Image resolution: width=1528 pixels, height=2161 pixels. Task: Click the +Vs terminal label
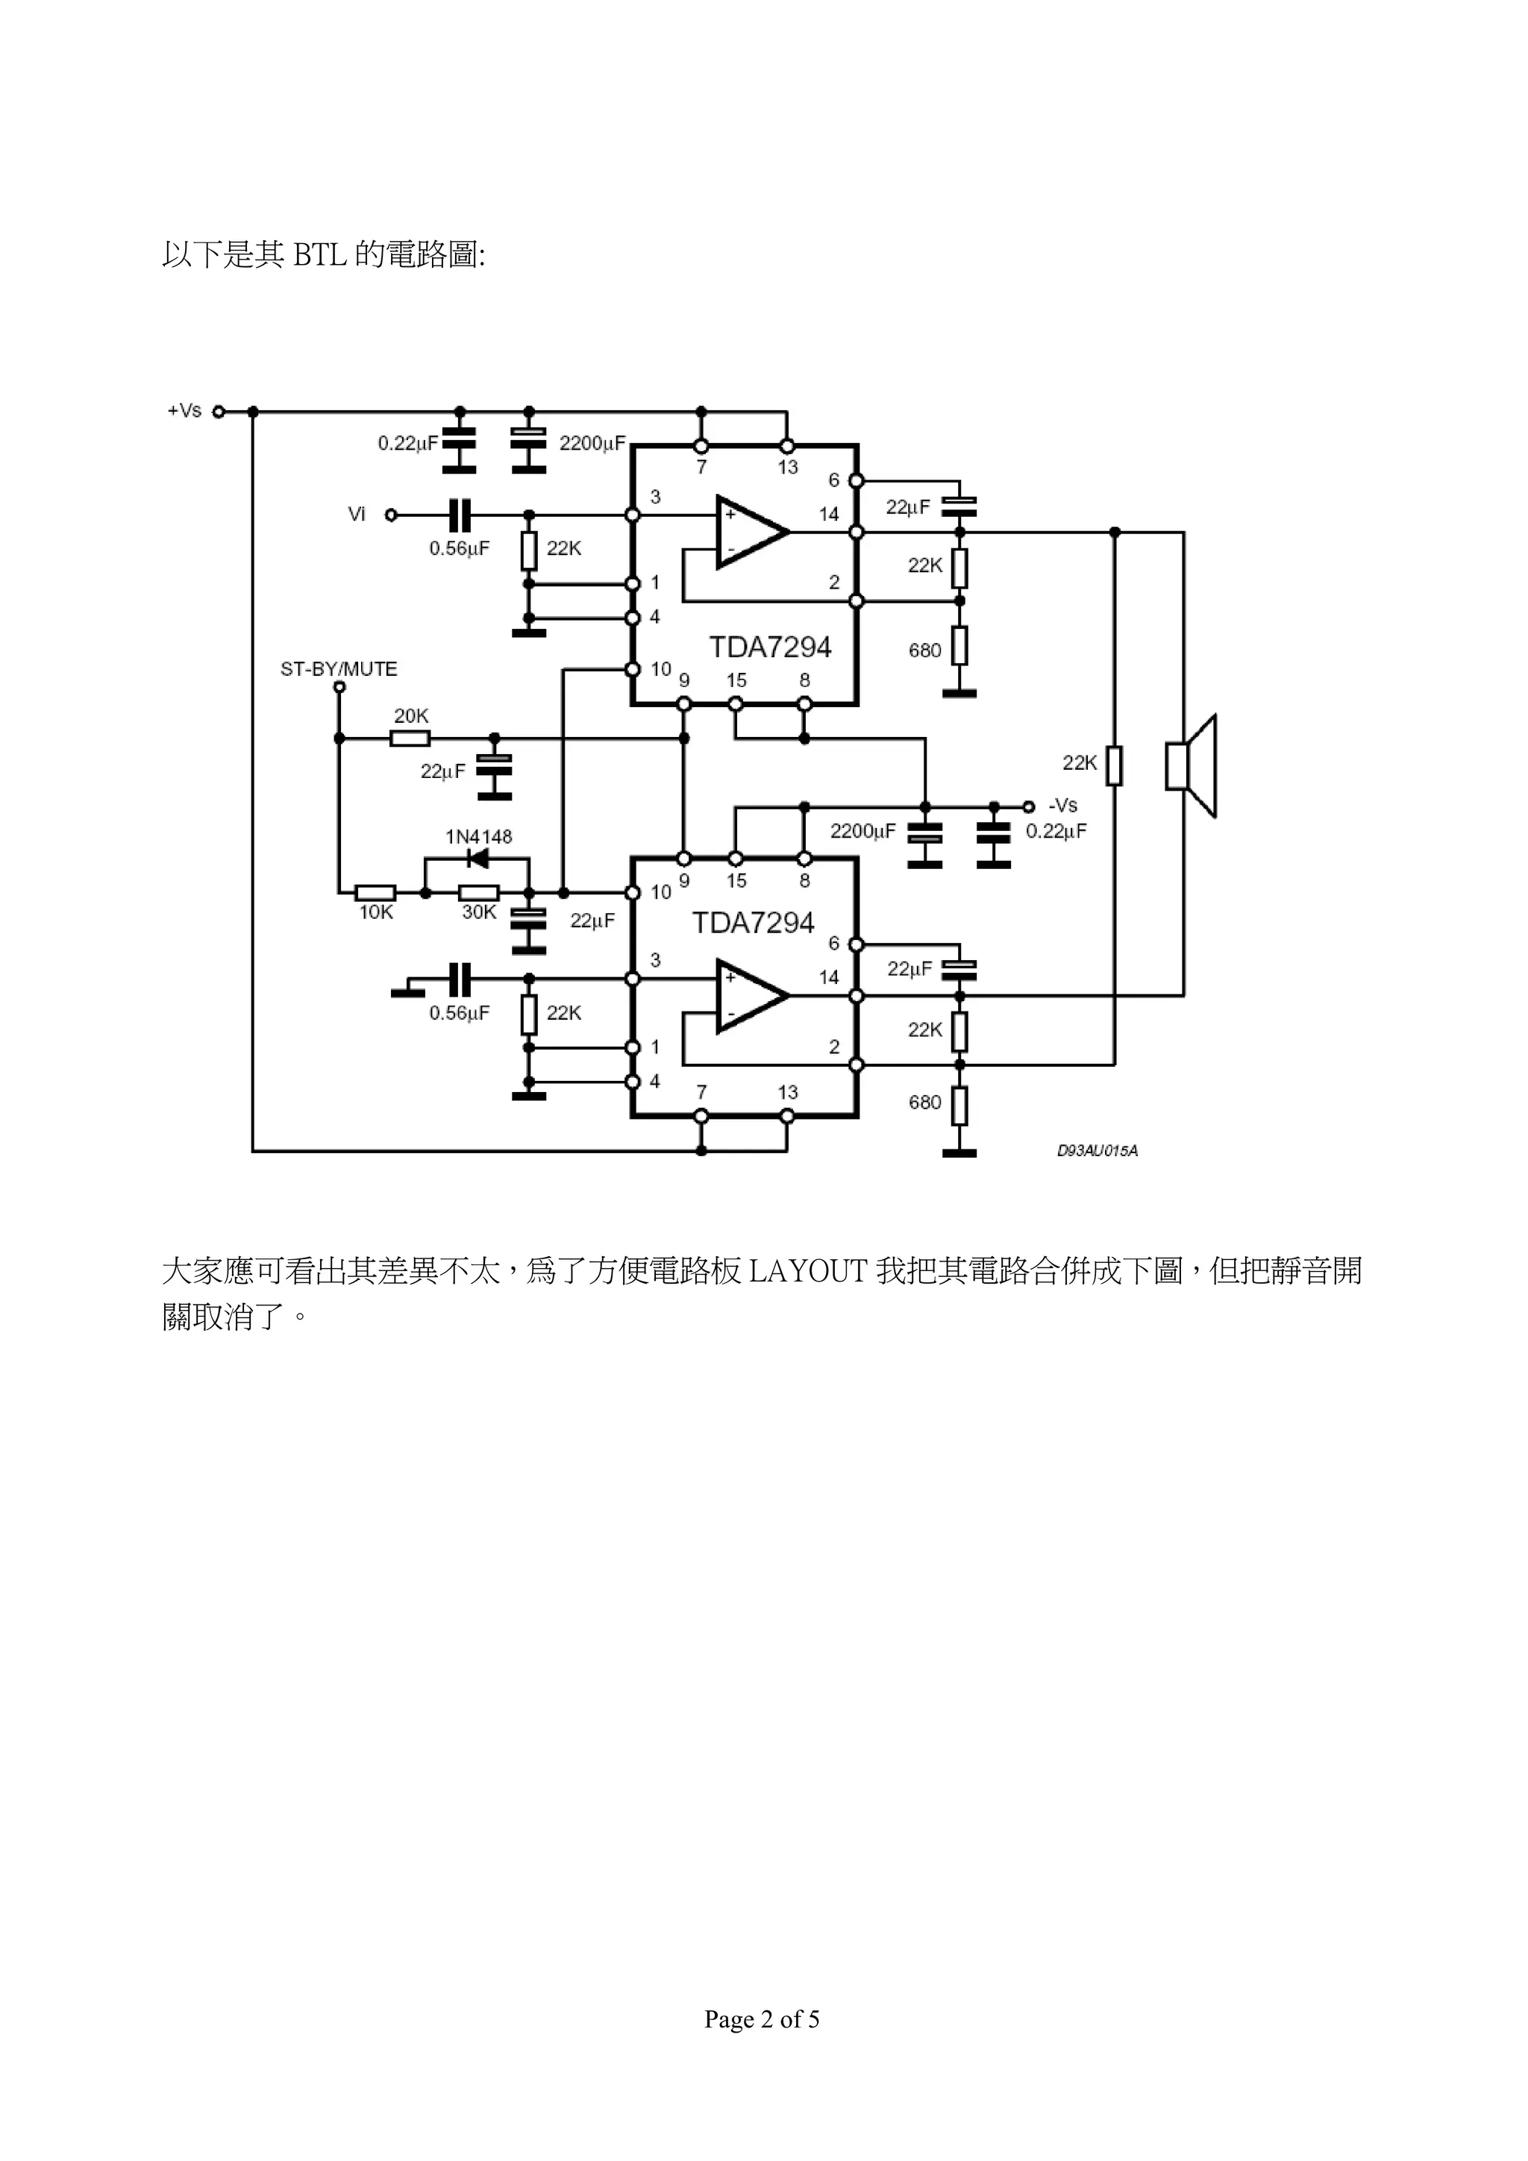coord(184,410)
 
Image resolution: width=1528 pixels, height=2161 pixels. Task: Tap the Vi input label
coord(357,514)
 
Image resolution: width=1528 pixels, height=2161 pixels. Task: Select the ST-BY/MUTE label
coord(339,669)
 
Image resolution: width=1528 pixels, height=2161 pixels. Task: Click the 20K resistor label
coord(410,716)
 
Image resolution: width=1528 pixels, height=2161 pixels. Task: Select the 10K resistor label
coord(375,912)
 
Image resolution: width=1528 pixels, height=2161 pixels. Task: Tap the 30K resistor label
coord(478,912)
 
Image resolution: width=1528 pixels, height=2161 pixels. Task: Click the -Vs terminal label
coord(1063,806)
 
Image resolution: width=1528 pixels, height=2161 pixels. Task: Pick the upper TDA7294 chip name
coord(770,647)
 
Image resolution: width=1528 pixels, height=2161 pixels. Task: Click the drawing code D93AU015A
coord(1097,1151)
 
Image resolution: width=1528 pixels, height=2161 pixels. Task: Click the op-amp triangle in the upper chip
coord(749,532)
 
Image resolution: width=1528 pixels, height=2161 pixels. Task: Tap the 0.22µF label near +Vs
coord(407,443)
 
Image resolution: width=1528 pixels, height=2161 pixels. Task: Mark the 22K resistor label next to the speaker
coord(1080,763)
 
